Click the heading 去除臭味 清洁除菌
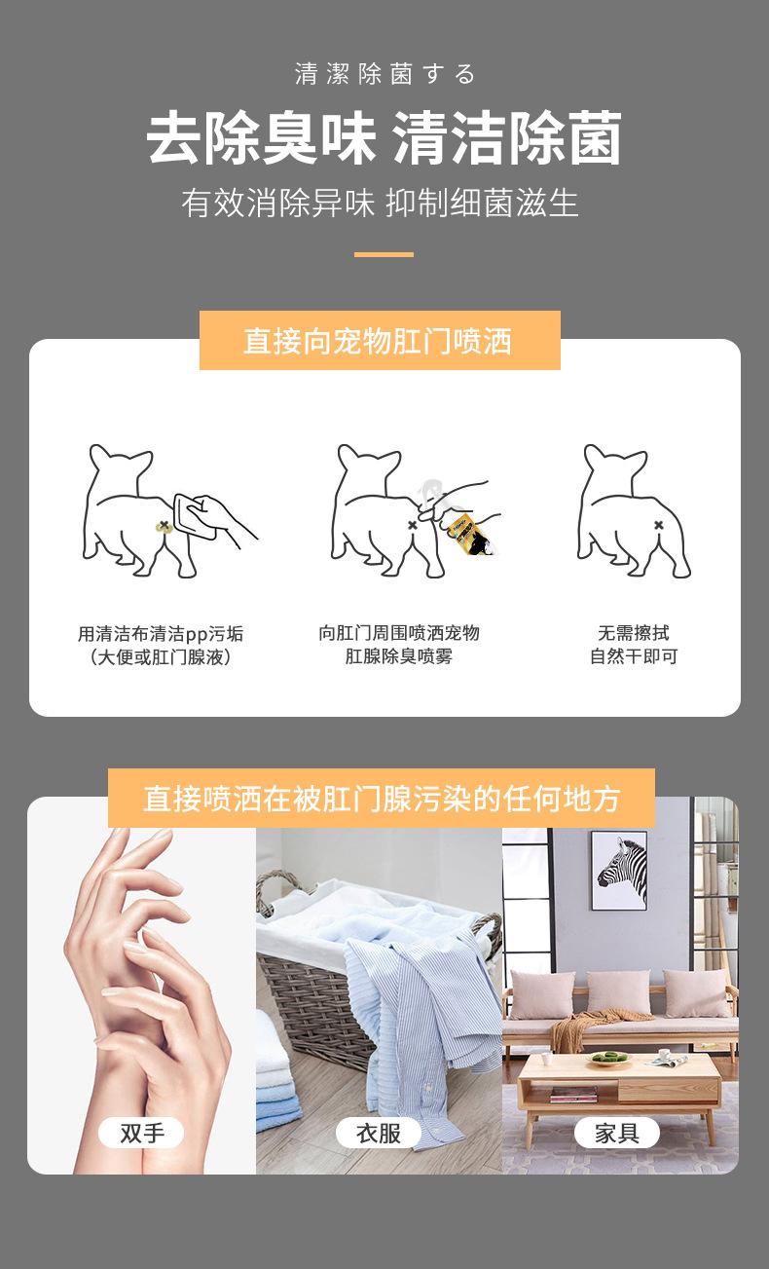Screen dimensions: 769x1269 (x=384, y=137)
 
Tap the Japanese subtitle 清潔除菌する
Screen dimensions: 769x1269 (x=385, y=74)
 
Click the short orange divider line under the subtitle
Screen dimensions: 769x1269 (x=384, y=254)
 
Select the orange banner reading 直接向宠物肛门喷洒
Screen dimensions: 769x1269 (x=380, y=341)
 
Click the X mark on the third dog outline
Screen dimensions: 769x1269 (x=658, y=525)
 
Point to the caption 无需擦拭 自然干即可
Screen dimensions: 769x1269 (x=634, y=644)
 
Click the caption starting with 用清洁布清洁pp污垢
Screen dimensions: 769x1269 (x=161, y=646)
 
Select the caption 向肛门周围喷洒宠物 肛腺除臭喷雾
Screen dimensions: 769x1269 (x=399, y=644)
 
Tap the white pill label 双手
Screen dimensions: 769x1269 (x=141, y=1133)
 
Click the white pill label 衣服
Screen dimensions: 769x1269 (x=379, y=1133)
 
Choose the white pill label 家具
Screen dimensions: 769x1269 (x=617, y=1133)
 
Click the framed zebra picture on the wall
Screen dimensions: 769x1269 (x=619, y=871)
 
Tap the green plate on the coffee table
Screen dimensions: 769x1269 (x=609, y=1057)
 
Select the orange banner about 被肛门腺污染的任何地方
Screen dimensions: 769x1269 (x=382, y=799)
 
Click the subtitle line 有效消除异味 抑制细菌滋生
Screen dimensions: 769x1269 (x=380, y=203)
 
